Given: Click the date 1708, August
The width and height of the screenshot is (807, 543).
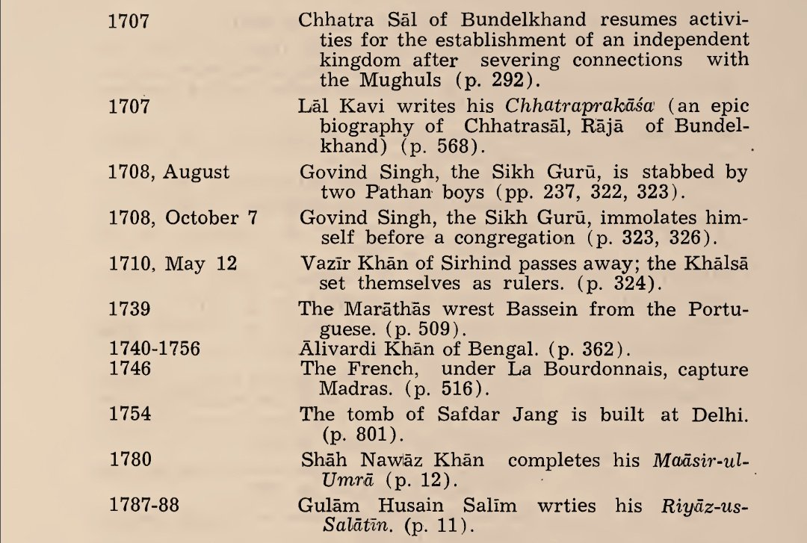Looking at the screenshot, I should pos(169,173).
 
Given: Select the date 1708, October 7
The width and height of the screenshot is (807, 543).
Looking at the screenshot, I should pos(184,219).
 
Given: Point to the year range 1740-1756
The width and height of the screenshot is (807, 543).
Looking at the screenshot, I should pos(155,348).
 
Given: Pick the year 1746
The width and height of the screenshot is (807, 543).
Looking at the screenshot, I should pos(129,368).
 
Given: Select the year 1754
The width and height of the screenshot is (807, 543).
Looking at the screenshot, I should pos(129,414).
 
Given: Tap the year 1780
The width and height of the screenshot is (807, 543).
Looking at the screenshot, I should pos(129,460).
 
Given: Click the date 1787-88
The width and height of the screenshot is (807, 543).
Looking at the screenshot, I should pos(144,506).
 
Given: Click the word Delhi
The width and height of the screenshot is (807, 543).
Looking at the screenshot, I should pos(723,415).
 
